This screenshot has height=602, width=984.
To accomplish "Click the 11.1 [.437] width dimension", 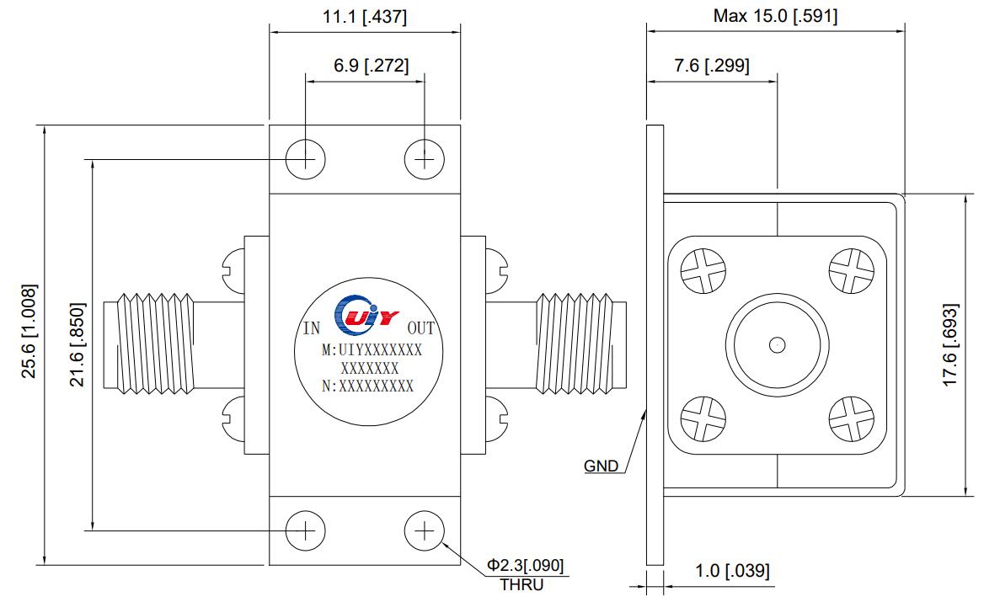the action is coord(365,16).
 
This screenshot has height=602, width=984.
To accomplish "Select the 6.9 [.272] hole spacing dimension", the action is coord(371,65).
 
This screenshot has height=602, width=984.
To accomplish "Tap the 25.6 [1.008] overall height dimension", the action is coord(29,331).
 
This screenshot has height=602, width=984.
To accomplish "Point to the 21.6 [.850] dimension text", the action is coord(77,344).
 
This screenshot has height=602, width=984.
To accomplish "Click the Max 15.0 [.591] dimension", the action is coord(775,16).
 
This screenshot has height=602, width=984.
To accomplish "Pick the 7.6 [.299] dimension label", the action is coord(712,65).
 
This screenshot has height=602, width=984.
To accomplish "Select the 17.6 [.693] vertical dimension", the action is coord(950,345).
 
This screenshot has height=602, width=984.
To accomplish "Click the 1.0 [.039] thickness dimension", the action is coord(732,571).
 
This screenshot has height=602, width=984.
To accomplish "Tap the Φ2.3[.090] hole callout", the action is coord(525,566).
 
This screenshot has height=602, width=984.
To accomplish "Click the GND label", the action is coord(602,466).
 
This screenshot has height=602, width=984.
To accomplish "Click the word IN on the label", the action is coord(311,328).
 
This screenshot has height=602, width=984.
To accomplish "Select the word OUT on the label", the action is coord(420,328).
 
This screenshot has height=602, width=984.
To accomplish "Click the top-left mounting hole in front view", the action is coord(306,159).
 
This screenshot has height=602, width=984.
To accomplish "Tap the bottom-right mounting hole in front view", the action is coord(425,531).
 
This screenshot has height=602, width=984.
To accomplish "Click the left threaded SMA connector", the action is coord(149,344).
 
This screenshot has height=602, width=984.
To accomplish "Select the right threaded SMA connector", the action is coord(581,344).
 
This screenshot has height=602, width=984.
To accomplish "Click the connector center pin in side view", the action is coord(778,344).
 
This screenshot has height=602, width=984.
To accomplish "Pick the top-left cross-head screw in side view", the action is coord(703,271).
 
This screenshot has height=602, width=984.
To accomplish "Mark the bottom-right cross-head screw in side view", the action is coord(852,419).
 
